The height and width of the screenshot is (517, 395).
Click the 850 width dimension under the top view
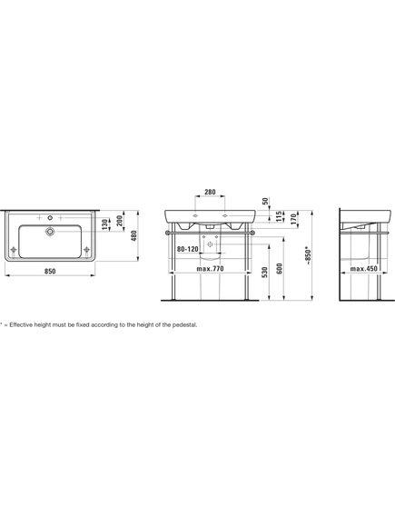[x=50, y=272]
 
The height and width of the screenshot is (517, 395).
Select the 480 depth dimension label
[x=133, y=235]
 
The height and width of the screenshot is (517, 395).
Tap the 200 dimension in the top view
[x=120, y=221]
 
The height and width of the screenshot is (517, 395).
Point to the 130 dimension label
[x=104, y=224]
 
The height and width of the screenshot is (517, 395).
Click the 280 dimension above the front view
[x=210, y=192]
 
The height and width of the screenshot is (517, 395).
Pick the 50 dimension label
[x=266, y=201]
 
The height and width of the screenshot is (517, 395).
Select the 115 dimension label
[x=279, y=216]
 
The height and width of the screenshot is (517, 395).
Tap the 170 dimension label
[x=294, y=219]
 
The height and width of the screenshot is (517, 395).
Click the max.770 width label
[x=210, y=269]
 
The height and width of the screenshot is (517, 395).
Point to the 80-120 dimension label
[x=187, y=249]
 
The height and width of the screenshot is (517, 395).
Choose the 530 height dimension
[x=265, y=273]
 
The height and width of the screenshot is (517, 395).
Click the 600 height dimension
[x=280, y=269]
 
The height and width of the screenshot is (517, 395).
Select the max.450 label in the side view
[x=364, y=269]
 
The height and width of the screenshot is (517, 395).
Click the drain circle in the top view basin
[x=50, y=232]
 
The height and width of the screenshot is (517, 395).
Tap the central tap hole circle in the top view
[x=50, y=218]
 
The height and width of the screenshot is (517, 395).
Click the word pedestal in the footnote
[x=185, y=324]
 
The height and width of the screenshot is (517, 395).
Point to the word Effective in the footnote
[x=18, y=324]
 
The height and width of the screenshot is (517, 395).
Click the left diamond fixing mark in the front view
[x=195, y=215]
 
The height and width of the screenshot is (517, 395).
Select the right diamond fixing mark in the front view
[x=225, y=215]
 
